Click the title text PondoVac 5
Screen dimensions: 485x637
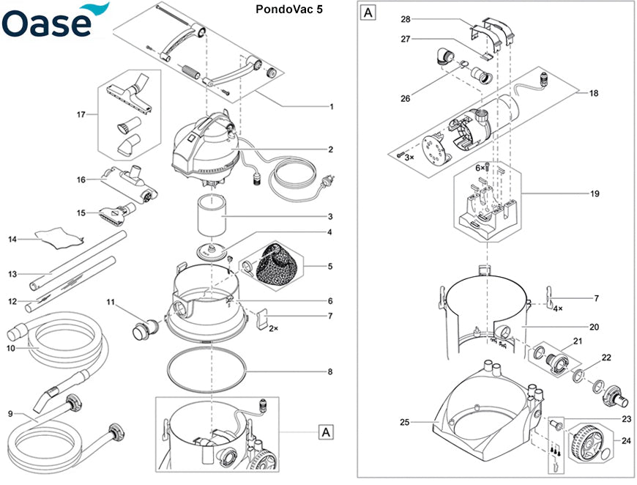tap(288, 10)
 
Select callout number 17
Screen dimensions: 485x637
tap(81, 114)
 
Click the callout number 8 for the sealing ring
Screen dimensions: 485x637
tap(330, 372)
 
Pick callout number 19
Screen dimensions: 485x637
tap(594, 194)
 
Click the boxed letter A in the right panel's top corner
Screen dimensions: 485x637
tap(368, 12)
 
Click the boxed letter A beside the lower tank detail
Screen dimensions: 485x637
tap(324, 432)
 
